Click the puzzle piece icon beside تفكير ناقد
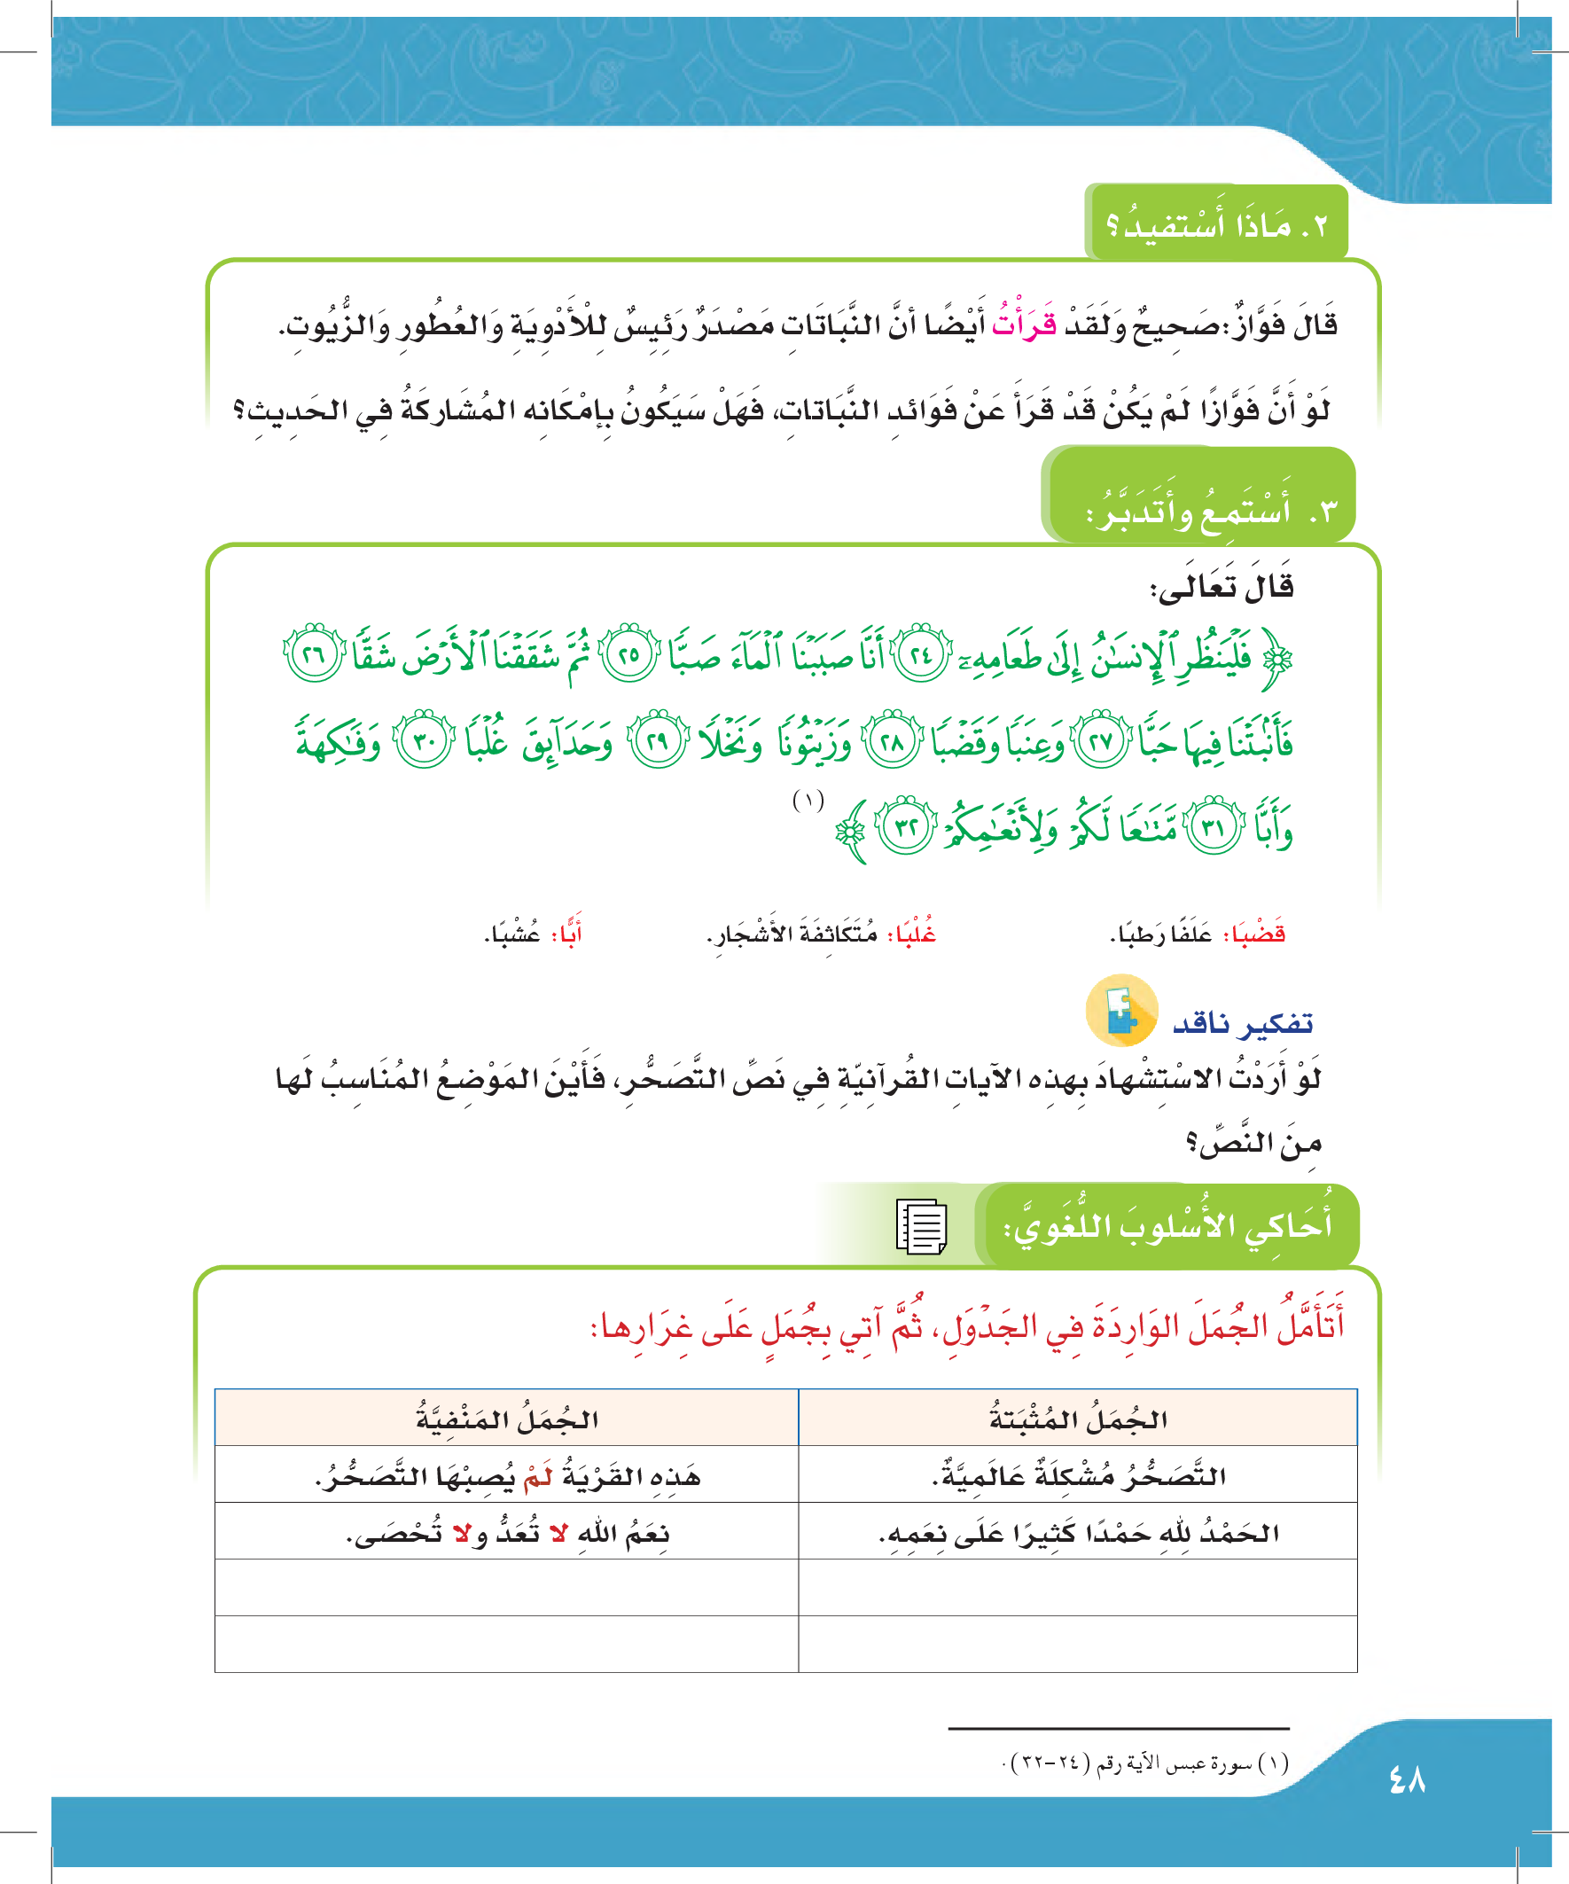(1120, 1011)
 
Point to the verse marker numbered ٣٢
(906, 827)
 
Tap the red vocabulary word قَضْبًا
(1256, 934)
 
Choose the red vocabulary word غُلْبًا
(912, 934)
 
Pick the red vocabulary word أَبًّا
(566, 934)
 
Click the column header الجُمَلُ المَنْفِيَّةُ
(507, 1419)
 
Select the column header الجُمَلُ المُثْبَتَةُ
(1077, 1419)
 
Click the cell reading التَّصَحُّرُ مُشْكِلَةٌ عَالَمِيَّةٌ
(1077, 1476)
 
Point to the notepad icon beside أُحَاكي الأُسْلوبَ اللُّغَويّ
(921, 1226)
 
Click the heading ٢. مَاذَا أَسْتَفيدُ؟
(1216, 224)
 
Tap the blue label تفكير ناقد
(1243, 1023)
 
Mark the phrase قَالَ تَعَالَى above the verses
(1222, 588)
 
